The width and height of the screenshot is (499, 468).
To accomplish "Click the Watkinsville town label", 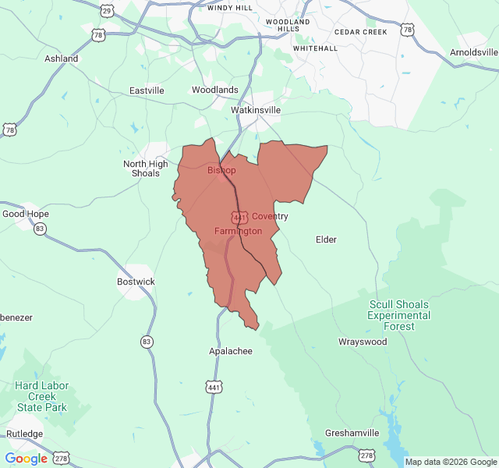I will click(256, 110).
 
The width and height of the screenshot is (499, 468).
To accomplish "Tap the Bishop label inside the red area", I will click(221, 170).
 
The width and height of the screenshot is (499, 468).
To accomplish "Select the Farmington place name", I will click(238, 231).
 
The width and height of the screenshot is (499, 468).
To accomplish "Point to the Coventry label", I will click(270, 216).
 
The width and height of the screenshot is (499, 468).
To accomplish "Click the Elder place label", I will click(326, 239).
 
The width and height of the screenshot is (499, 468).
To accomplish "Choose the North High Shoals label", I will click(145, 168).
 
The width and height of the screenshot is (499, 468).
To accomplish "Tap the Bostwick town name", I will click(136, 282).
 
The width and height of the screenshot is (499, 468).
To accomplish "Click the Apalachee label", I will click(231, 351).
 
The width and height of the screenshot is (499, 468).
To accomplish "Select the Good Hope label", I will click(26, 214).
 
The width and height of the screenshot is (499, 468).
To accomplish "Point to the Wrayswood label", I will click(363, 342).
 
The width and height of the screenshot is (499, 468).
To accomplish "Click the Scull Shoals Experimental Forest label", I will click(399, 315).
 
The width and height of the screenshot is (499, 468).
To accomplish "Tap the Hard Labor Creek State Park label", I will click(42, 396).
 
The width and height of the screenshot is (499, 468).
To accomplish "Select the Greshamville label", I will click(352, 433).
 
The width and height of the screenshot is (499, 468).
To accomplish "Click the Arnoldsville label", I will click(474, 52).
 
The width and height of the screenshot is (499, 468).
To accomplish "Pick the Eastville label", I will click(147, 90).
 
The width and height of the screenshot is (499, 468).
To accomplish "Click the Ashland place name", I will click(61, 58).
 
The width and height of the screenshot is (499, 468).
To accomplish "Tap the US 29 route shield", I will click(107, 10).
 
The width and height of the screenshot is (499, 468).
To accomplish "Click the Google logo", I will click(27, 459).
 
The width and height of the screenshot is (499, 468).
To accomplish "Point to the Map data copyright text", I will click(450, 462).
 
